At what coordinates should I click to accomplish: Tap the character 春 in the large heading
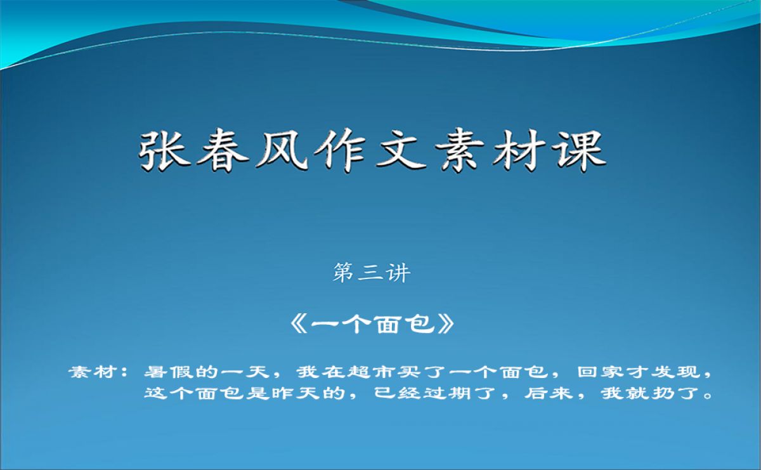coord(223,150)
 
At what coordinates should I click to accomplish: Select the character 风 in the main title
coord(282,150)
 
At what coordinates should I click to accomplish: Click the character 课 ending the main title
coord(580,150)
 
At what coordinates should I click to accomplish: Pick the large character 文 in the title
coord(401,150)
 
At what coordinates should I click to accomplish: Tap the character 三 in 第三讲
coord(371,273)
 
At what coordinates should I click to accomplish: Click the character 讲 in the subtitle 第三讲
coord(398,273)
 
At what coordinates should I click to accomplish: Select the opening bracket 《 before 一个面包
coord(299,324)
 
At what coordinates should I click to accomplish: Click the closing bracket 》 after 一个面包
coord(446,324)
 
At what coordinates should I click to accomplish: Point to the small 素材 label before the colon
coord(94,372)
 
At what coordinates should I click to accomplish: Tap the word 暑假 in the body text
coord(169,372)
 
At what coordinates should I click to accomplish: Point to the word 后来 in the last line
coord(549,393)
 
